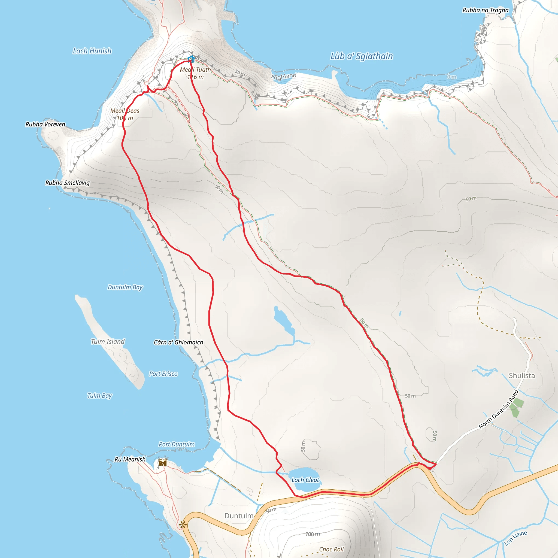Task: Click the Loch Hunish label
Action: tap(92, 51)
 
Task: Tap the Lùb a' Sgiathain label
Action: tap(361, 56)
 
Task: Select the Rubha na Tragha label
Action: tap(485, 10)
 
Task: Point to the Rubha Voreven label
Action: tap(45, 125)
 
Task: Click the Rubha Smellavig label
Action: tap(67, 183)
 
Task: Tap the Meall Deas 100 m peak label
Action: tap(125, 114)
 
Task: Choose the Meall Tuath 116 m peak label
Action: tap(195, 73)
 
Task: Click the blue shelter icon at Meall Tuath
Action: tap(191, 59)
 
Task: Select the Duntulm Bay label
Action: tap(125, 287)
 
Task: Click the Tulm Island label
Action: tap(108, 342)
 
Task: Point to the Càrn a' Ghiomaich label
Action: tap(178, 342)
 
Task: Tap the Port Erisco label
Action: tap(163, 374)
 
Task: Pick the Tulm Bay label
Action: tap(99, 395)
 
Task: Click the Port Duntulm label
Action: tap(177, 444)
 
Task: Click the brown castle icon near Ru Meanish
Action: tap(163, 462)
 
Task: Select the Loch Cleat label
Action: tap(305, 480)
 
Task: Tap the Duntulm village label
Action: tap(239, 516)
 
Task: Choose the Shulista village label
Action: tap(521, 375)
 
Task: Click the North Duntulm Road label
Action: tap(499, 409)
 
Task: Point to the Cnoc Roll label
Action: tap(331, 549)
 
